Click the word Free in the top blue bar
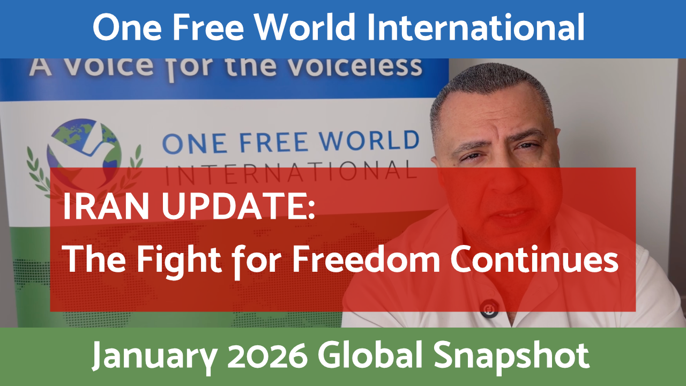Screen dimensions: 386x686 click(208, 28)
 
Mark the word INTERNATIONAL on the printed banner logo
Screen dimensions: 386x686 click(289, 170)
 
